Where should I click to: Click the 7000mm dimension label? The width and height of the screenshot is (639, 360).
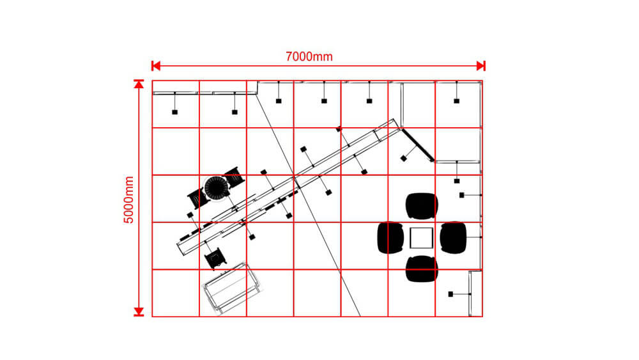[309, 56]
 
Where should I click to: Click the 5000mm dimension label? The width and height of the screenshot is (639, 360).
[129, 200]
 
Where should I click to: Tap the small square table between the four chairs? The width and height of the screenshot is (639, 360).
[421, 238]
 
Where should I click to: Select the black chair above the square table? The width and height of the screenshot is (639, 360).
[422, 206]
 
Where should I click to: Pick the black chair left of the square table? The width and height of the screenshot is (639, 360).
[390, 238]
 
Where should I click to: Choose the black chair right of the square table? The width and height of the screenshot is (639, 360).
[453, 238]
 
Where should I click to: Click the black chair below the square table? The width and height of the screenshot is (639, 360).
[422, 269]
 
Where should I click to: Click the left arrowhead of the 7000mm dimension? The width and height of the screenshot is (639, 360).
[156, 66]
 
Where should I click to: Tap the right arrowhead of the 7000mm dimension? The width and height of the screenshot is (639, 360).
[481, 66]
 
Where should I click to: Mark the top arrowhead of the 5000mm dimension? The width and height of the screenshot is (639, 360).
[139, 84]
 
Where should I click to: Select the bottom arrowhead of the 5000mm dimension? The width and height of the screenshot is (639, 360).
[139, 312]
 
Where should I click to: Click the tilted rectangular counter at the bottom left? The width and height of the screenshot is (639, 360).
[231, 288]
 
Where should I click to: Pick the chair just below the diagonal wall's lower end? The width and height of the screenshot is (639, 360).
[214, 258]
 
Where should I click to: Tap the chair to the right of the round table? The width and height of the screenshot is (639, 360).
[234, 177]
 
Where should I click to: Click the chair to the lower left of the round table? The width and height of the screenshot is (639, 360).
[198, 199]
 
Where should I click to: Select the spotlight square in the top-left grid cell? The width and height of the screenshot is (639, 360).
[175, 112]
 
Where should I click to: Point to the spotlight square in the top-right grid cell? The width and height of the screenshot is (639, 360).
[456, 101]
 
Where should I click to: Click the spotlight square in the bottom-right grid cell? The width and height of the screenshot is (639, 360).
[450, 294]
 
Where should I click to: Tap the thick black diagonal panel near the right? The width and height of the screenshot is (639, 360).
[418, 145]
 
